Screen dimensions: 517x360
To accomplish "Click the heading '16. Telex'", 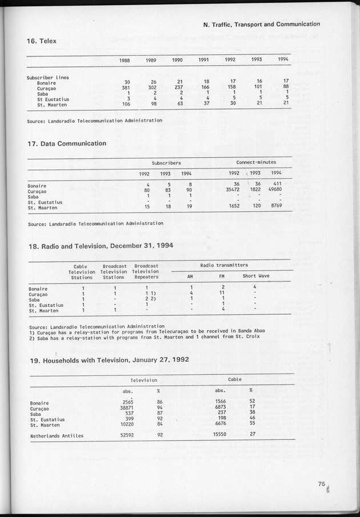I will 41,41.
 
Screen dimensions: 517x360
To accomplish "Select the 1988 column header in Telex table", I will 125,59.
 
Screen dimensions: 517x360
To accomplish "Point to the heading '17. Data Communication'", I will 66,143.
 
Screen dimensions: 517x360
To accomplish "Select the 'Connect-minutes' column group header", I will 255,162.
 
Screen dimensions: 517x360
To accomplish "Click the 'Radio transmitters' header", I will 224,265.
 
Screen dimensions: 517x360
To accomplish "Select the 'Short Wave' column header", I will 255,276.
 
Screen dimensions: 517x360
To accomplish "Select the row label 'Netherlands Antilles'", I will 57,435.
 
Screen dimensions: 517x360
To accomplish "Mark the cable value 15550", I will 218,435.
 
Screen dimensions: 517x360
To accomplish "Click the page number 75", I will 322,484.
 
